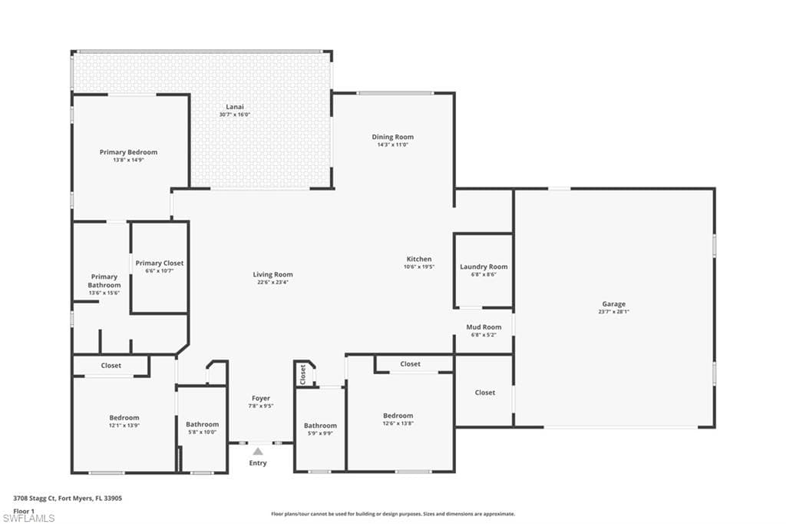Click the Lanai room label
coord(235,106)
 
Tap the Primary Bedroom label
coord(128,152)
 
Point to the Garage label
coord(613,304)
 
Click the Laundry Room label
coord(484,267)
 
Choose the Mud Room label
coord(484,327)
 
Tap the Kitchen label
coord(419,259)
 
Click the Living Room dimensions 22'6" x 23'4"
coord(272,282)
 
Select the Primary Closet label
coord(160,263)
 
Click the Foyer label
coord(261,398)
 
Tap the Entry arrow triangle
coord(259,452)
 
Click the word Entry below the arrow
coord(259,463)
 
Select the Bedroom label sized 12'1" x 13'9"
coord(124,417)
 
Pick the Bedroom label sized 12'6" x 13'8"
coord(398,416)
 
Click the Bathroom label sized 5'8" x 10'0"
coord(202,424)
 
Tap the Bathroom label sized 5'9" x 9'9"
coord(320,425)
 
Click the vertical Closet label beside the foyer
coord(303,374)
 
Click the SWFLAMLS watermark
coord(29,518)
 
